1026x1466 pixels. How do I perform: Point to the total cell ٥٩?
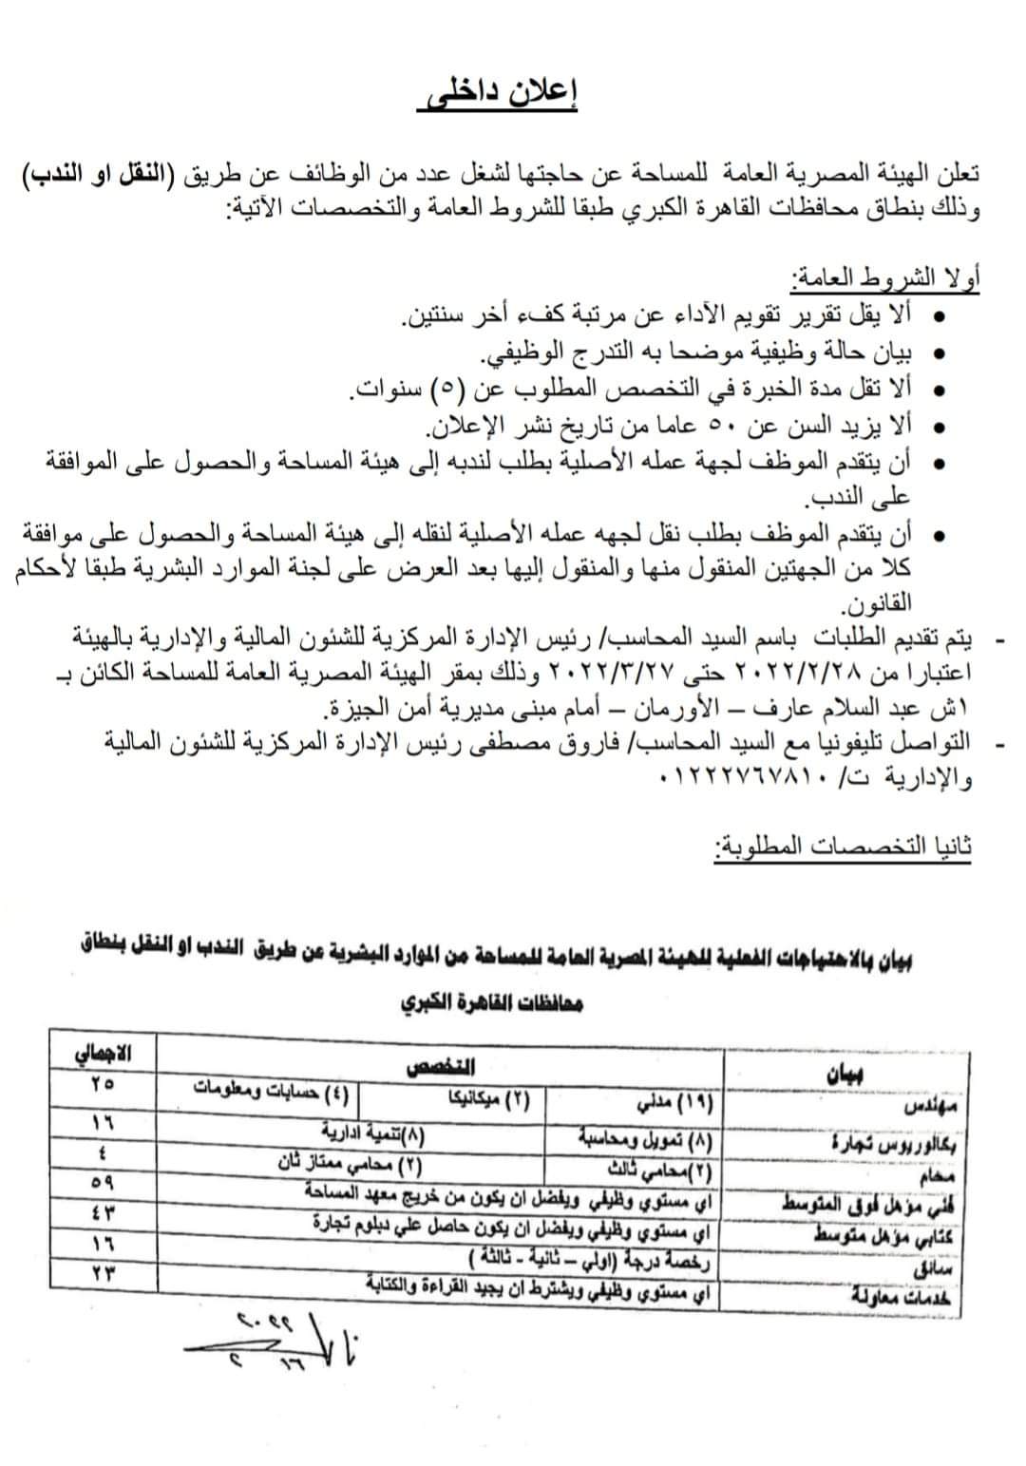(x=102, y=1184)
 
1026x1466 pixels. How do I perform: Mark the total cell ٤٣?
(x=102, y=1212)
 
